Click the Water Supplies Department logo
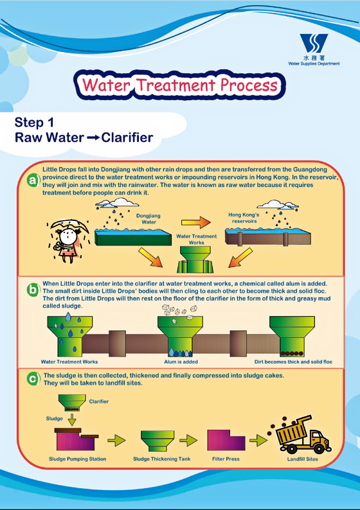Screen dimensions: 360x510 click(x=314, y=49)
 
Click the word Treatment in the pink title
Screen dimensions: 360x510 click(x=175, y=85)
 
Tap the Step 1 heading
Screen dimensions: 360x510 click(x=34, y=123)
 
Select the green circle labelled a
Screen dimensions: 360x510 click(x=33, y=180)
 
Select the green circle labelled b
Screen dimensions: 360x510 click(x=33, y=289)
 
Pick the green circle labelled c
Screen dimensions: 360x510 click(x=33, y=379)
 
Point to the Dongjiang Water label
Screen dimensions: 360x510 click(x=148, y=219)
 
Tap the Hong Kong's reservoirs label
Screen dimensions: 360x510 click(x=244, y=218)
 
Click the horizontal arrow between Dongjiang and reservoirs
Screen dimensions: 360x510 click(x=196, y=222)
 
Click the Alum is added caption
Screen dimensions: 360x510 click(x=181, y=362)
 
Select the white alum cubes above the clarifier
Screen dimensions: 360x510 click(x=179, y=310)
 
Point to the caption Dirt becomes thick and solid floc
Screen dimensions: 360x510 click(x=293, y=362)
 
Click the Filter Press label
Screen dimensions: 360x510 click(x=226, y=459)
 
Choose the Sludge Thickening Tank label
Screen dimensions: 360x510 click(x=161, y=459)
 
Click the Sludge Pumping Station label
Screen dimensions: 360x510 click(x=78, y=459)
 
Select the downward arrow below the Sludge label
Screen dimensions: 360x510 click(x=72, y=419)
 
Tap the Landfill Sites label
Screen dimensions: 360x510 click(x=302, y=459)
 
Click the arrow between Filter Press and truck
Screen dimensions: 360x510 click(x=258, y=441)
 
